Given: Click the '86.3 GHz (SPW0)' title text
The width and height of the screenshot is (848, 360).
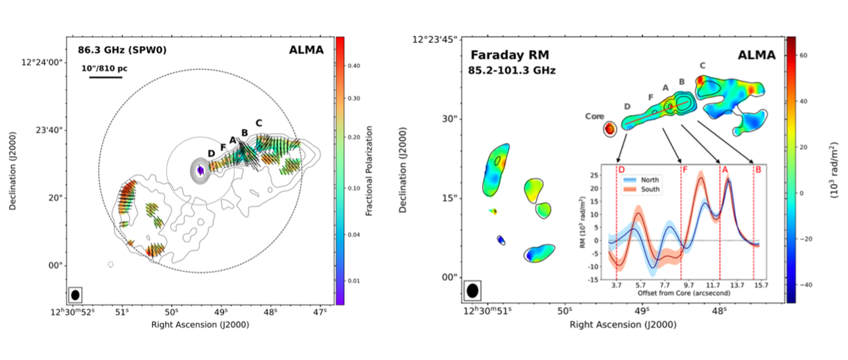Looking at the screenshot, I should click(x=114, y=49).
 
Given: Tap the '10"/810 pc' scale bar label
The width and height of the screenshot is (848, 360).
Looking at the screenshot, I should click(x=104, y=68).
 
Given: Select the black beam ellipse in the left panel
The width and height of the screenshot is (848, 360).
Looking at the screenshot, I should click(x=75, y=295).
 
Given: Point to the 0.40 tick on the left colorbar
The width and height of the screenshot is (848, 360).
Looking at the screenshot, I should click(x=354, y=66).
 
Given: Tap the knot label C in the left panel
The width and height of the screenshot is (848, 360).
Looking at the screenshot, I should click(x=258, y=123).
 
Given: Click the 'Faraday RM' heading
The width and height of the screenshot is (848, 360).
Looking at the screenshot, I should click(x=504, y=55).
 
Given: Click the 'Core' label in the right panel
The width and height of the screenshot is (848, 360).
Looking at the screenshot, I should click(x=594, y=116).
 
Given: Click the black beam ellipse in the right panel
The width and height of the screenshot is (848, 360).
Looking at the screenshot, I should click(x=472, y=290).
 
